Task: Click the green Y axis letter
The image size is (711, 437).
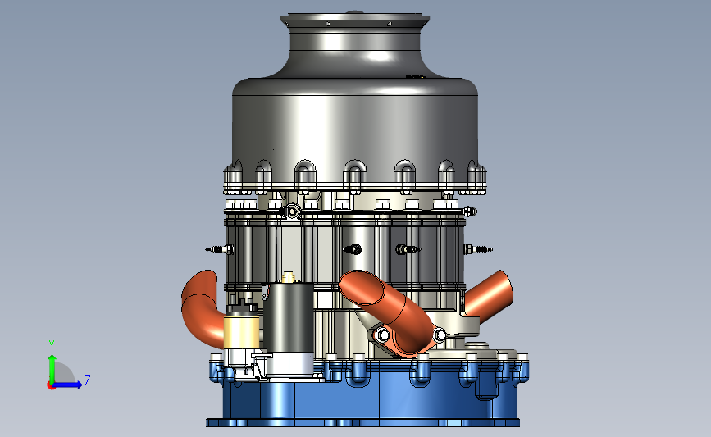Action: (52, 345)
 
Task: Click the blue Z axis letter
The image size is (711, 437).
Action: (88, 380)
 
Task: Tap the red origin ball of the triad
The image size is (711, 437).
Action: (51, 385)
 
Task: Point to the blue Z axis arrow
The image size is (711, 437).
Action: (68, 385)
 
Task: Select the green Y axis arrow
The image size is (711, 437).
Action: (52, 369)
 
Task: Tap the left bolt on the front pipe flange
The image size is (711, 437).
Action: (383, 335)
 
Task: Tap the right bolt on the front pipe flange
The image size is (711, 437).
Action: (440, 335)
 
